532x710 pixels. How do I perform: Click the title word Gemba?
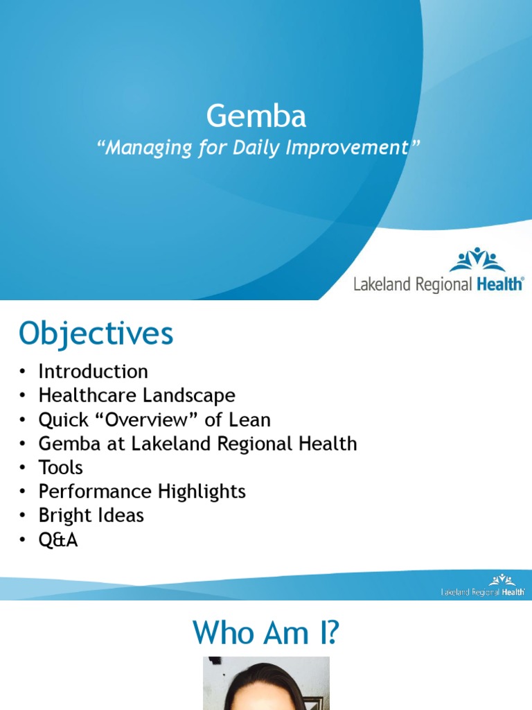pos(256,117)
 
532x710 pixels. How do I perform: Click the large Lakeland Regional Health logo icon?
pos(477,260)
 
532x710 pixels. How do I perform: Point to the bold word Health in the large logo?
pos(499,284)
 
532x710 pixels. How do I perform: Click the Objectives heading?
pos(96,334)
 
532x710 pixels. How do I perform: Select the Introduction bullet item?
pos(93,372)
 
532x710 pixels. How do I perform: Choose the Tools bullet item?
pos(60,468)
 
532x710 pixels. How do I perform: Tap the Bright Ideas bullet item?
pos(91,516)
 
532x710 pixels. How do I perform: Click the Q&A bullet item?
pos(58,540)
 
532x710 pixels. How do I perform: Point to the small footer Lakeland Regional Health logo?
pos(483,585)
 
